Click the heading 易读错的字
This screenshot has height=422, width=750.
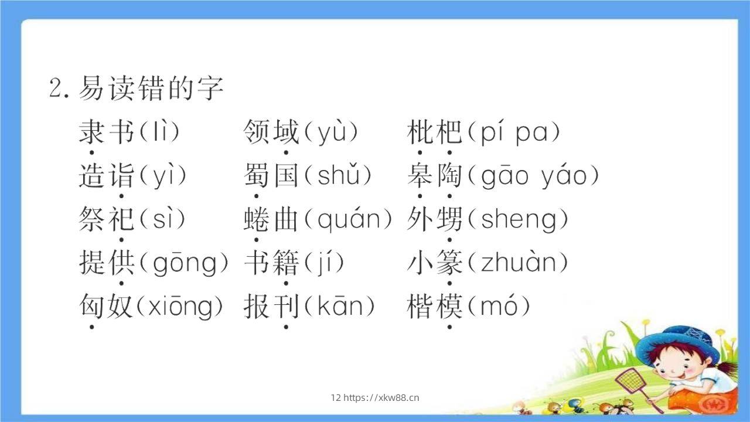click(x=151, y=89)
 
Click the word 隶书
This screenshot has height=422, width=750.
click(x=107, y=132)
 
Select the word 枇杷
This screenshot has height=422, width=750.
click(x=435, y=132)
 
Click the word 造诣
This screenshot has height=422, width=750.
click(x=107, y=176)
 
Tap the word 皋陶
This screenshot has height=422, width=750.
click(x=435, y=176)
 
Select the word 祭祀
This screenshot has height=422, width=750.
click(x=107, y=219)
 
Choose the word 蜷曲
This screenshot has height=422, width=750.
click(x=271, y=219)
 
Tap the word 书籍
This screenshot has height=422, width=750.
click(x=271, y=263)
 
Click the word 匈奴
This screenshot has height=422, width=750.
click(x=107, y=307)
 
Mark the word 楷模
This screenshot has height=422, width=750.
click(x=435, y=307)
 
